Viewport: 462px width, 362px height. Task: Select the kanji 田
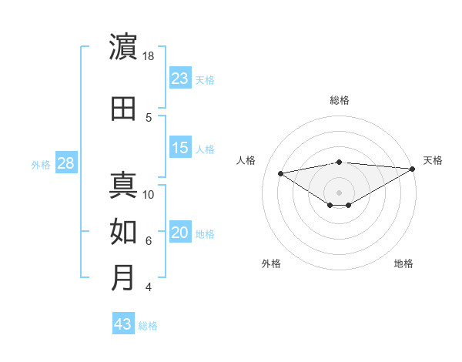(x=123, y=108)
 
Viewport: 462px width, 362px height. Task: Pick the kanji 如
(x=123, y=231)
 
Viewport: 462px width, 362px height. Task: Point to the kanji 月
(x=123, y=278)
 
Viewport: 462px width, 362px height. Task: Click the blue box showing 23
(x=180, y=78)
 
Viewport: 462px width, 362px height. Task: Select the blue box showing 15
(x=180, y=148)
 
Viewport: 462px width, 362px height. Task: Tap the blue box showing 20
(x=180, y=233)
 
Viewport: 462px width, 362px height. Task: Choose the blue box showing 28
(x=65, y=163)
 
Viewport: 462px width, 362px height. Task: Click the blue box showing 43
(x=123, y=324)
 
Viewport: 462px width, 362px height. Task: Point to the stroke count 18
(x=149, y=56)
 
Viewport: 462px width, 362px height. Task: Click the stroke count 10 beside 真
(x=149, y=194)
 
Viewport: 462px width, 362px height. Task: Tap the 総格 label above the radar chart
(x=339, y=100)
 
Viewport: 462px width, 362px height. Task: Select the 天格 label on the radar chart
(x=433, y=160)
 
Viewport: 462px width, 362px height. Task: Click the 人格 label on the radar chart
(x=246, y=160)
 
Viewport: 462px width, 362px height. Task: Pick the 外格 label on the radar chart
(x=271, y=263)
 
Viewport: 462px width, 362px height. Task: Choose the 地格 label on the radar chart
(x=403, y=263)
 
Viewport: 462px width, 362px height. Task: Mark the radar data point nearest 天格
(x=413, y=169)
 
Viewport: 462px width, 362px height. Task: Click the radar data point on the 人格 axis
(x=280, y=173)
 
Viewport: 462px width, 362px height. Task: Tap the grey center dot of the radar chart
(x=339, y=192)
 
